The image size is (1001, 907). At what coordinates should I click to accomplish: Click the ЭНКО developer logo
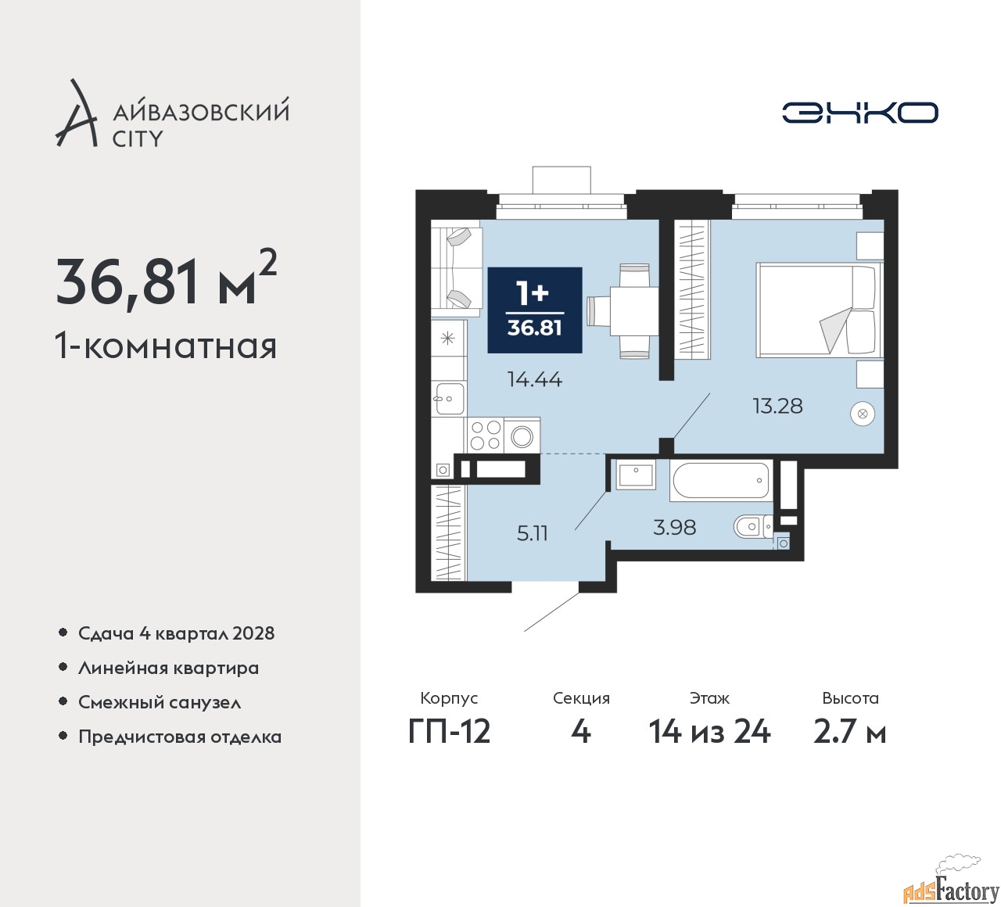coord(859,113)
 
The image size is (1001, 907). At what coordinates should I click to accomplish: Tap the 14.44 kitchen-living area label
coord(534,379)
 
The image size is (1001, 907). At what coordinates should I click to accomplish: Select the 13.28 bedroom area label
coord(777,406)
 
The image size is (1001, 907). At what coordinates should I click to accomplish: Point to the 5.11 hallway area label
coord(532,533)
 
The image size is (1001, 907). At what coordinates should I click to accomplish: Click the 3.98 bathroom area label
coord(674,528)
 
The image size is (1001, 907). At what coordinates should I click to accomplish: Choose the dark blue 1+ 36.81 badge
coord(535,310)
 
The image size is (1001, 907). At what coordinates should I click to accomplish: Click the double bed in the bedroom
coord(817,310)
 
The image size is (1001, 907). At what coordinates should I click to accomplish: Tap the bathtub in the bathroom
coord(720,480)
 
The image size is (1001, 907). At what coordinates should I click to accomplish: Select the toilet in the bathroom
coord(751,526)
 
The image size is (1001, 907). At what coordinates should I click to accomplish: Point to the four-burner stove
coord(485,435)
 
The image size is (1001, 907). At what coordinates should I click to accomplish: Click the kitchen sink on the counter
coord(449,399)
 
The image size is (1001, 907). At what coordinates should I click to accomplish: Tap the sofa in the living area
coord(457,268)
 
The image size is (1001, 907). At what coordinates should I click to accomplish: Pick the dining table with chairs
coord(632,310)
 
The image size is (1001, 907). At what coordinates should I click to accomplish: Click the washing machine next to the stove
coord(522,436)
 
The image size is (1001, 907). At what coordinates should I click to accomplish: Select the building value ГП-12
coord(449,732)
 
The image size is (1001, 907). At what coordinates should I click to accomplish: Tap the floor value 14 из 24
coord(709,732)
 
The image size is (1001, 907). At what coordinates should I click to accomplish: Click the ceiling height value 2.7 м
coord(849,732)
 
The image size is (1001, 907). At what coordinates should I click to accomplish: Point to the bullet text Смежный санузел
coord(160,702)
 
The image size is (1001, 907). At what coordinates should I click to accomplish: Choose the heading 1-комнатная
coord(166,346)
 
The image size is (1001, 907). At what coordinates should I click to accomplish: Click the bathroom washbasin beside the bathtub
coord(635,475)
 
